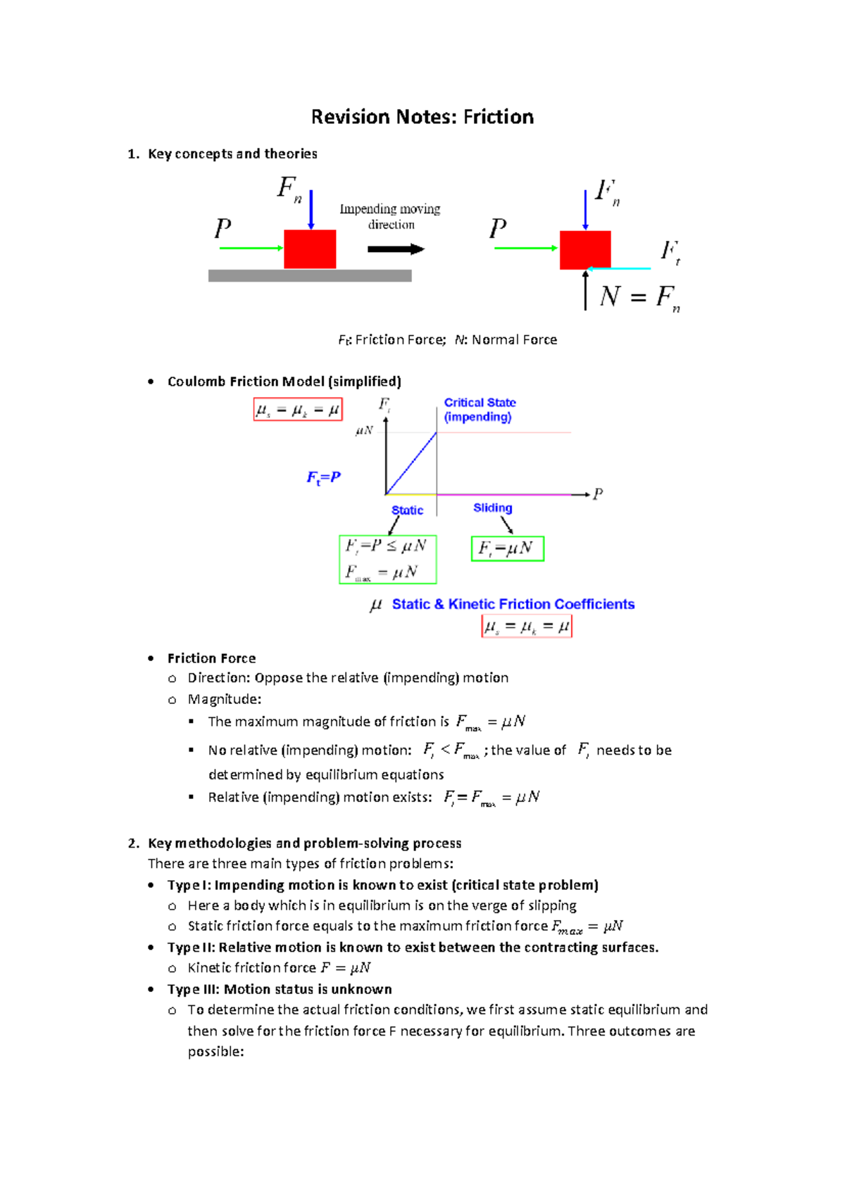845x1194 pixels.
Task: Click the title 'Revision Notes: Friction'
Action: coord(423,117)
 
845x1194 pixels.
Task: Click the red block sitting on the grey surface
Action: coord(310,249)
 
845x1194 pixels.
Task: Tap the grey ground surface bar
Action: coord(310,276)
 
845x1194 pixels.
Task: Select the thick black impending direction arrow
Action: coord(396,249)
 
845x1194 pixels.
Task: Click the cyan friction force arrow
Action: coord(620,268)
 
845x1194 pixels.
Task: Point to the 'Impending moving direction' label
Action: coord(390,217)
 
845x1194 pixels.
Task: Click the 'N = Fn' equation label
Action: coord(639,297)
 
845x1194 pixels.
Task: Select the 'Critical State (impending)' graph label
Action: coord(480,410)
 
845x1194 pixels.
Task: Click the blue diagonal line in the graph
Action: coord(411,463)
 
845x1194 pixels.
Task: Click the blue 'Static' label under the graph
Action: coord(407,510)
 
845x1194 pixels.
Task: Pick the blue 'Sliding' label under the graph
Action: coord(492,508)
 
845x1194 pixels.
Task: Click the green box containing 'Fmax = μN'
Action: coord(388,560)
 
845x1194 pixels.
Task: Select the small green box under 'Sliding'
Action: coord(508,548)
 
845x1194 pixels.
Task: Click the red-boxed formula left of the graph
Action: coord(298,410)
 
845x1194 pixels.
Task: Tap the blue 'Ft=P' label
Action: coord(323,477)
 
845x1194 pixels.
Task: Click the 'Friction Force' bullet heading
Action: coord(211,658)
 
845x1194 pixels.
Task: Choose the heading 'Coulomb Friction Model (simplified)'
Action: coord(284,382)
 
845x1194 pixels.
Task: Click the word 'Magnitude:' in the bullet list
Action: coord(224,699)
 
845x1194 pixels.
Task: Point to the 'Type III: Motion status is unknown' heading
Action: coord(280,989)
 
